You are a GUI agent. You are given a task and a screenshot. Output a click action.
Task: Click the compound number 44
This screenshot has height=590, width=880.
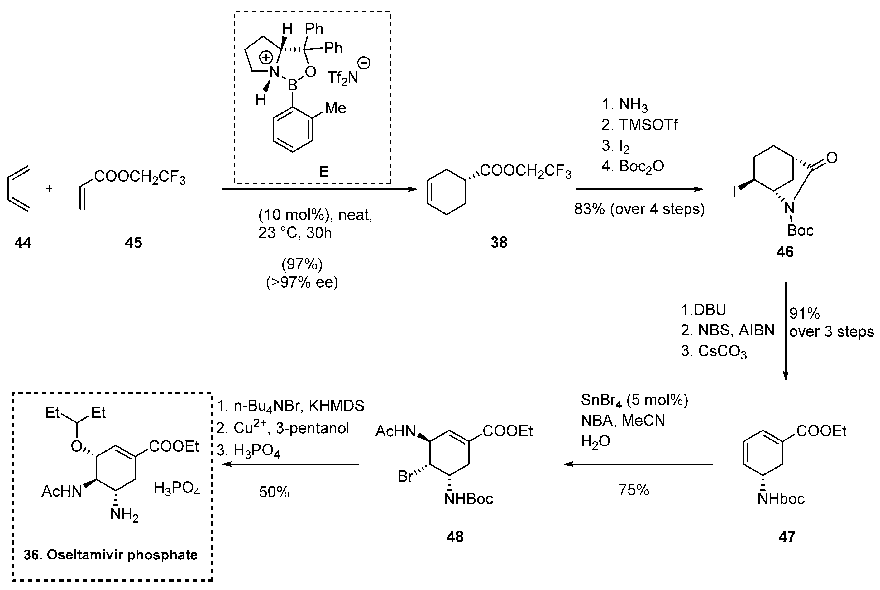click(x=23, y=243)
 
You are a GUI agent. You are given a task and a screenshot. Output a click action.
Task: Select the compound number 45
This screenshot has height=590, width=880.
click(x=134, y=243)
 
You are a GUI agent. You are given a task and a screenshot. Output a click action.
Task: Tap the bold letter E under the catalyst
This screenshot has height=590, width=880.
click(x=323, y=172)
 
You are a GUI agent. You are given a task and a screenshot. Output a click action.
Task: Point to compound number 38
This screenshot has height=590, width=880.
click(x=499, y=243)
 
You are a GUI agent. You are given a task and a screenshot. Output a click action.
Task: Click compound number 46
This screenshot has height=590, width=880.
click(x=785, y=252)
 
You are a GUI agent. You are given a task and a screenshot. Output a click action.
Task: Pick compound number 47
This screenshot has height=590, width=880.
click(x=787, y=536)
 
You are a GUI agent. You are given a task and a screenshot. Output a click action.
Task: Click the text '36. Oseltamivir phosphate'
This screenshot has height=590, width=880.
click(x=111, y=555)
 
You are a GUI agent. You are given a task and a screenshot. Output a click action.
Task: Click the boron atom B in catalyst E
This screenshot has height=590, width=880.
click(x=293, y=85)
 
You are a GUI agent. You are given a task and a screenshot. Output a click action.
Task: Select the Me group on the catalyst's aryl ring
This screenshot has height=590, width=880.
click(x=335, y=108)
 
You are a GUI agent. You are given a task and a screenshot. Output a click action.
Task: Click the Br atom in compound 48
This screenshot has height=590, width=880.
click(x=405, y=477)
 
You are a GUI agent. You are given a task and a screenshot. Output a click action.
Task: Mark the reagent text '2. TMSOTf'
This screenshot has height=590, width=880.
click(x=639, y=125)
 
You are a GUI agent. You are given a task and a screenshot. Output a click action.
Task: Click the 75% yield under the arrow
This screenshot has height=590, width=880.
click(x=634, y=490)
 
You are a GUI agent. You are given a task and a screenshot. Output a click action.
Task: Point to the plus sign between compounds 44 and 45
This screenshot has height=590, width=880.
click(x=49, y=188)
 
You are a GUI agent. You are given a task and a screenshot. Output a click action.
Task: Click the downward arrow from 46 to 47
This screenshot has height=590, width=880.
click(x=786, y=331)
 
